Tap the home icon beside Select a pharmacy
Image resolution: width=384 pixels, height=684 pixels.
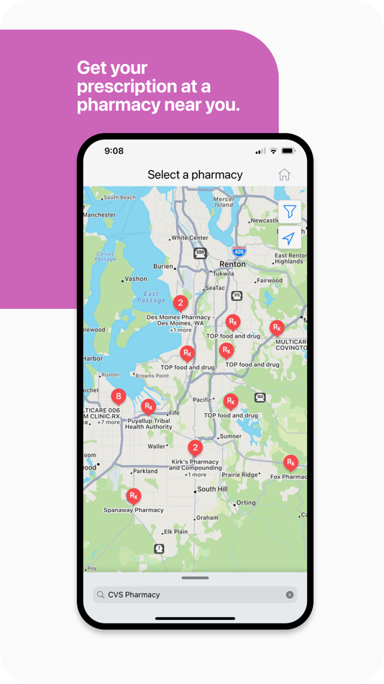tap(284, 174)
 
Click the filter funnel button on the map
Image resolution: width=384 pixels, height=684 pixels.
tap(289, 212)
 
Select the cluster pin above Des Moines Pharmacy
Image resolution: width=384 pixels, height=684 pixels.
tap(180, 303)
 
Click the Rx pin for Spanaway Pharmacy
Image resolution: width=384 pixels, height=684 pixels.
tap(133, 496)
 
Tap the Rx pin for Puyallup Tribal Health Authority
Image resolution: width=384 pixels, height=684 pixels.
tap(148, 407)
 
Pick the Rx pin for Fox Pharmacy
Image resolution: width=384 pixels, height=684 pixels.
tap(291, 462)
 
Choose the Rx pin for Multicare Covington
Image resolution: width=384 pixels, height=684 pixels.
tap(277, 328)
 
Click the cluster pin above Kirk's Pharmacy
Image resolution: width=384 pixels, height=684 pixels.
tap(195, 448)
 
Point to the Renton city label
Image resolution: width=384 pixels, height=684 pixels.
tap(232, 264)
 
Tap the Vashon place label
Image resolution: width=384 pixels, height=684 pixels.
tap(136, 279)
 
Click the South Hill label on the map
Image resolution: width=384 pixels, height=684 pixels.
tap(212, 489)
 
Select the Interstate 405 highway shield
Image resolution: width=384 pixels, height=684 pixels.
tap(239, 251)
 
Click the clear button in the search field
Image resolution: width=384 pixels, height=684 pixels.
tap(290, 595)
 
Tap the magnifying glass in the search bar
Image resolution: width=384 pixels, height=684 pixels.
tap(101, 595)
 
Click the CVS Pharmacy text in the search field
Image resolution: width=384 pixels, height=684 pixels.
tap(134, 595)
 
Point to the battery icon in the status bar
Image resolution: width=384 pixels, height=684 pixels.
tap(288, 151)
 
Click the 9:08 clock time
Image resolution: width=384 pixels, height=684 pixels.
tap(114, 151)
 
